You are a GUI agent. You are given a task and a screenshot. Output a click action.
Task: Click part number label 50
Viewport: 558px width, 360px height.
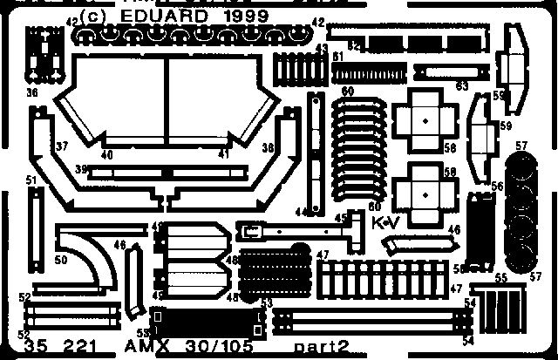click(x=60, y=260)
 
